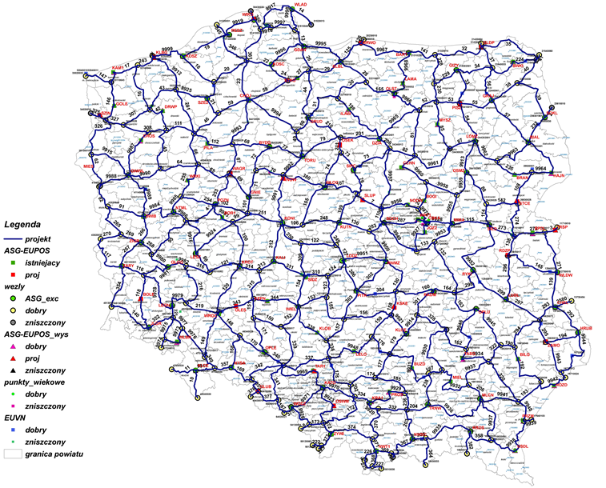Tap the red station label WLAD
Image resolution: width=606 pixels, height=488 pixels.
[x=301, y=5]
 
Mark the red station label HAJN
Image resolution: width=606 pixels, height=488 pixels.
[x=559, y=174]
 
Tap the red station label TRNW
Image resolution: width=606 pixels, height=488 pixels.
[x=435, y=407]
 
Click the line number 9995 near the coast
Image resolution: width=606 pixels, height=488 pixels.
[x=321, y=42]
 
